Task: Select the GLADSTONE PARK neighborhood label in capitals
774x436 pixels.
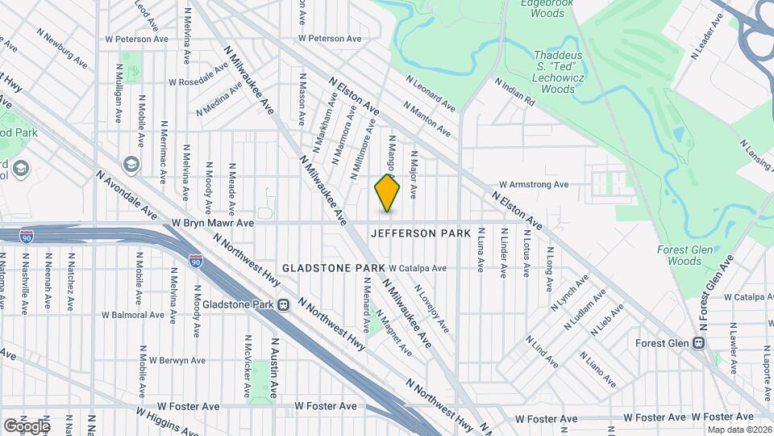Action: (333, 267)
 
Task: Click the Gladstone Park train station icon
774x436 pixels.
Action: (284, 305)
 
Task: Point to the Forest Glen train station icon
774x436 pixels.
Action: (698, 343)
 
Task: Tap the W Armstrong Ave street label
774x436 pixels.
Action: (533, 184)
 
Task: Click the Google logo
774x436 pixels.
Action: (27, 426)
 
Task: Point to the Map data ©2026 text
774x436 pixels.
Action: (739, 429)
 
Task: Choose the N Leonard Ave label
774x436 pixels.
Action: (431, 94)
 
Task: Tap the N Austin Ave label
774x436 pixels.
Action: (273, 367)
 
